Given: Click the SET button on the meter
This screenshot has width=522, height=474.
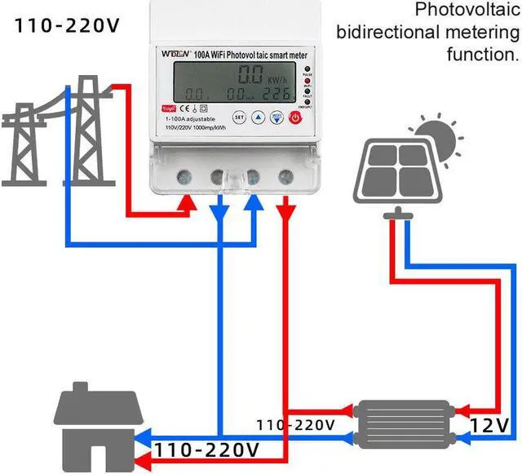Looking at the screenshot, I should (240, 117).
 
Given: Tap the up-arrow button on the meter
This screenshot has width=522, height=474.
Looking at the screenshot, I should (258, 117).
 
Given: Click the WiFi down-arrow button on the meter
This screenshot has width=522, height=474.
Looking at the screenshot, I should (276, 117).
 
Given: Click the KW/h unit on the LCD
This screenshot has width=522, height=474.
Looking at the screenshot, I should (278, 80).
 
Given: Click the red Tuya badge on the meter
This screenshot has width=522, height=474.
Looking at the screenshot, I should (169, 108).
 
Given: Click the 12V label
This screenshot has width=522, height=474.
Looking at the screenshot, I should (489, 424).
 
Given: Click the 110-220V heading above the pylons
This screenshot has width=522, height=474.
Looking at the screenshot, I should (66, 25).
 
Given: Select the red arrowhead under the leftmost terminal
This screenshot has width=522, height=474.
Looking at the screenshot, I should (187, 208).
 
